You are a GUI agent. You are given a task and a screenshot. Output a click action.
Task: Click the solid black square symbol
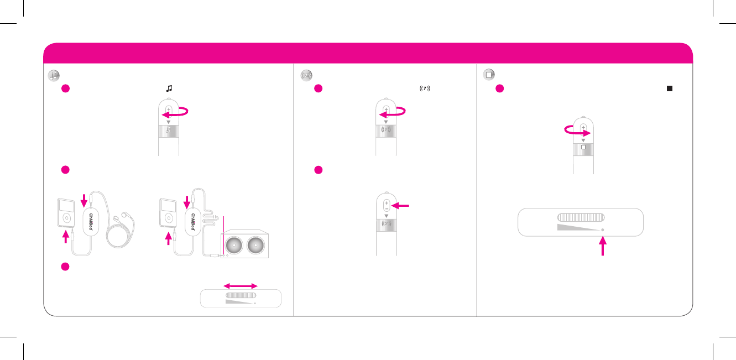(x=669, y=88)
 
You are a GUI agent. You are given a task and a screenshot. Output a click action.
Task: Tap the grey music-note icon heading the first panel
(x=54, y=75)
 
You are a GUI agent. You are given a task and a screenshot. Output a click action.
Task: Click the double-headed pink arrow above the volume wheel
(x=240, y=285)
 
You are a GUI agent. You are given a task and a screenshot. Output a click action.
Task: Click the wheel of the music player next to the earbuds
(x=66, y=218)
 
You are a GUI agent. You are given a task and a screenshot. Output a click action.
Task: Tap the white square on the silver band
(x=583, y=148)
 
